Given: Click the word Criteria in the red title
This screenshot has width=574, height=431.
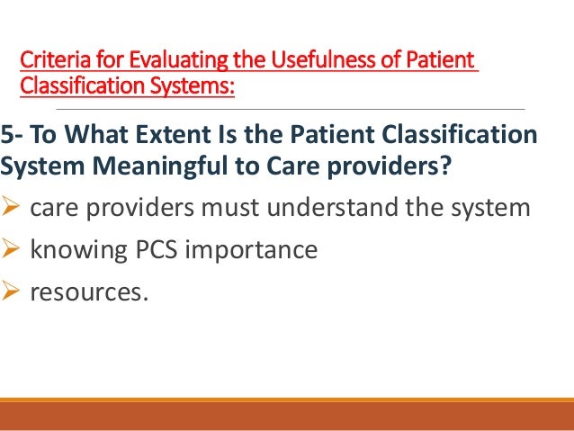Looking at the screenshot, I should click(49, 61).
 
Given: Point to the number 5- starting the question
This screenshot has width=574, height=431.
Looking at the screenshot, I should click(13, 135).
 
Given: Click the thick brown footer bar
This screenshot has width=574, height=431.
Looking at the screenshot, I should click(287, 417).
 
